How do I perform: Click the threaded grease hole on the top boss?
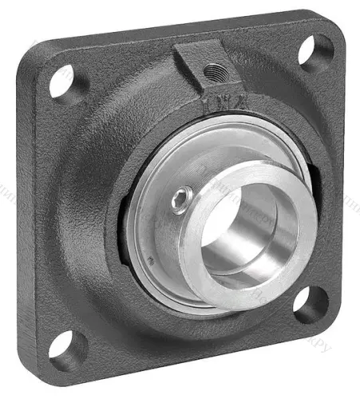(x=212, y=72)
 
